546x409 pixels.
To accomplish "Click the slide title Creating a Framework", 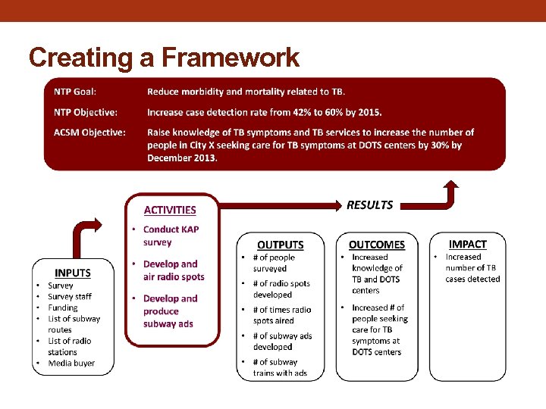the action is point(164,58).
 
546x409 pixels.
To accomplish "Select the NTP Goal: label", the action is point(75,92).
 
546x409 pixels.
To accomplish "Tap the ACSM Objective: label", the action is point(89,132).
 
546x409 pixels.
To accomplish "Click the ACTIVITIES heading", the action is point(170,210).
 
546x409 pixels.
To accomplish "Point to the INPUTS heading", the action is point(73,273).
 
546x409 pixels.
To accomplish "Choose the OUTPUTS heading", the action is point(280,245).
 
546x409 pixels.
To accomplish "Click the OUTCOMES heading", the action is point(376,245).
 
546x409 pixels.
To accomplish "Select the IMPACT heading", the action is point(467,244).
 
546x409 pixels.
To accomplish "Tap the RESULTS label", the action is point(369,205).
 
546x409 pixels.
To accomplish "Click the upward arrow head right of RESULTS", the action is point(451,186).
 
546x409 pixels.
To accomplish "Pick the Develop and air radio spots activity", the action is point(173,270).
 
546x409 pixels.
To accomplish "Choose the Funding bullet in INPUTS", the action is point(62,308).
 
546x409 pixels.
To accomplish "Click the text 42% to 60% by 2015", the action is point(330,112).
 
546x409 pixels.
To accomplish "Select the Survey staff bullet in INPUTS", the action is point(69,296).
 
